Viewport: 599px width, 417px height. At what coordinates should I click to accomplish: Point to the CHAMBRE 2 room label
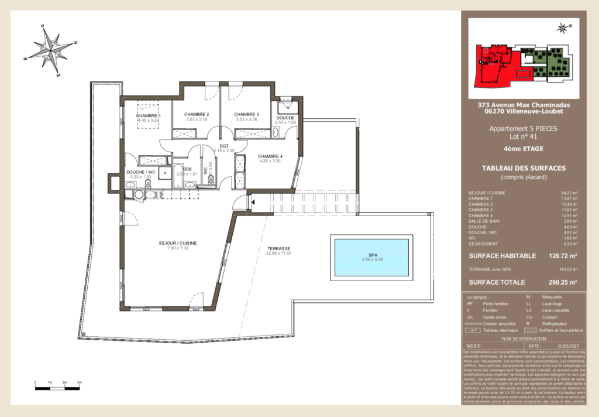pos(197,114)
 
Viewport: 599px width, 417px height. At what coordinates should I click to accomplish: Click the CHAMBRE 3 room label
pos(246,114)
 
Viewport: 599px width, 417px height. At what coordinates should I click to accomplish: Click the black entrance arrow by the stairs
pos(253,203)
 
